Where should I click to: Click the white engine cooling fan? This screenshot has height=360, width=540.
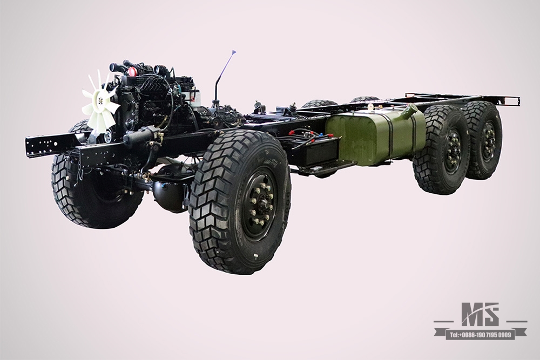(100, 103)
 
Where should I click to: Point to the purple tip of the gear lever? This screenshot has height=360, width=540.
(234, 52)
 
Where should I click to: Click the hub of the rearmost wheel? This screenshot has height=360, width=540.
(489, 141)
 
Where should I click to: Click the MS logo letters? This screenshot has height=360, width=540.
(480, 314)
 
